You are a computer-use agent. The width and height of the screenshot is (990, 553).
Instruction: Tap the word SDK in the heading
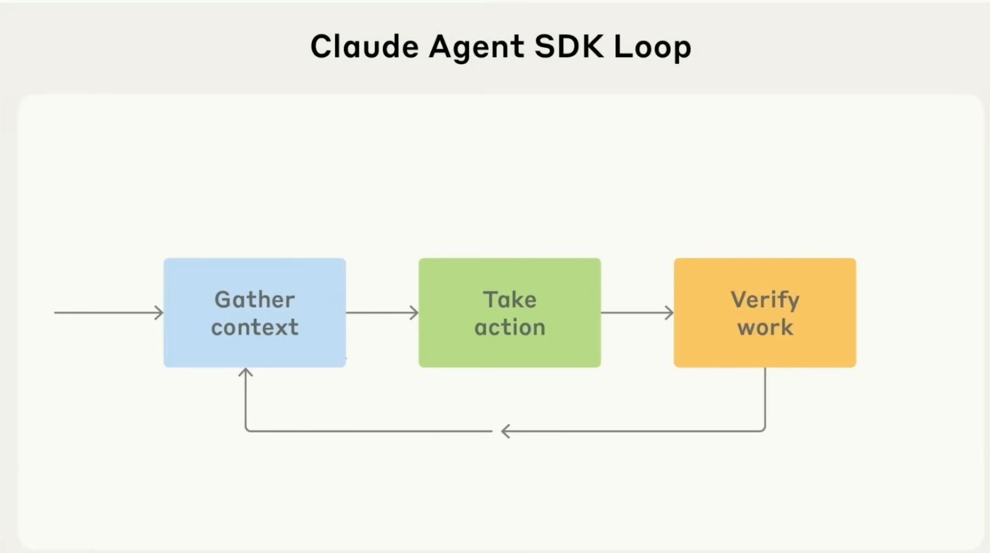coord(569,46)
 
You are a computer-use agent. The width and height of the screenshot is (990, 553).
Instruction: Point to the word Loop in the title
coord(652,48)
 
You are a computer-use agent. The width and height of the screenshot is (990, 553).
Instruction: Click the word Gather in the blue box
coord(254,300)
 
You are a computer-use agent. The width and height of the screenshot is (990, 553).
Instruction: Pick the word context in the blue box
coord(254,327)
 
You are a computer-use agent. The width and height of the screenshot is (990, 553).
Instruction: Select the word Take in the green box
coord(509,300)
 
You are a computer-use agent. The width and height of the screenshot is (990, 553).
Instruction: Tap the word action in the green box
coord(509,327)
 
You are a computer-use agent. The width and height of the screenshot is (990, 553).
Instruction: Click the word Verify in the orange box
coord(765,300)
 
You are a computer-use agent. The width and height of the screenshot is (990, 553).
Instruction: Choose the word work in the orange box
coord(765,327)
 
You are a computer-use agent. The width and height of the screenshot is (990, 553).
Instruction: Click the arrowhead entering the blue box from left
coord(160,313)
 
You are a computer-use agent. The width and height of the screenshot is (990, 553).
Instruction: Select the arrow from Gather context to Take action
coord(382,313)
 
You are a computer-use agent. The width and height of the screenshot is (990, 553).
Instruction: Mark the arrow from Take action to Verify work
coord(637,313)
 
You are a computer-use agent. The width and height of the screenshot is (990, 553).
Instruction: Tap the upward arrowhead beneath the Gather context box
coord(246,372)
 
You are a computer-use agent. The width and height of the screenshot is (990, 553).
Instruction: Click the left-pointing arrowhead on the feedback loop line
coord(505,431)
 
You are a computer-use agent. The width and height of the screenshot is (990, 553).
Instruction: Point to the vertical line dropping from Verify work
coord(765,396)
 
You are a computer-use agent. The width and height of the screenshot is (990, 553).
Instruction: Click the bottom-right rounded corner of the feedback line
coord(763,429)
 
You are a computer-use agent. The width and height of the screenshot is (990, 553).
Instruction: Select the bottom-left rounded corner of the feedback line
coord(247,429)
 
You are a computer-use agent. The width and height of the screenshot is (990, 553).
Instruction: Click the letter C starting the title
coord(321,46)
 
